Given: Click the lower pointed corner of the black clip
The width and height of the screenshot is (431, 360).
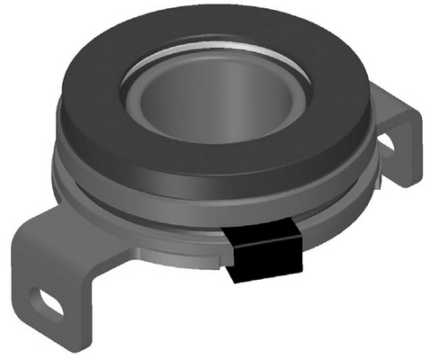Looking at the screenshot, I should tap(237, 280).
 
